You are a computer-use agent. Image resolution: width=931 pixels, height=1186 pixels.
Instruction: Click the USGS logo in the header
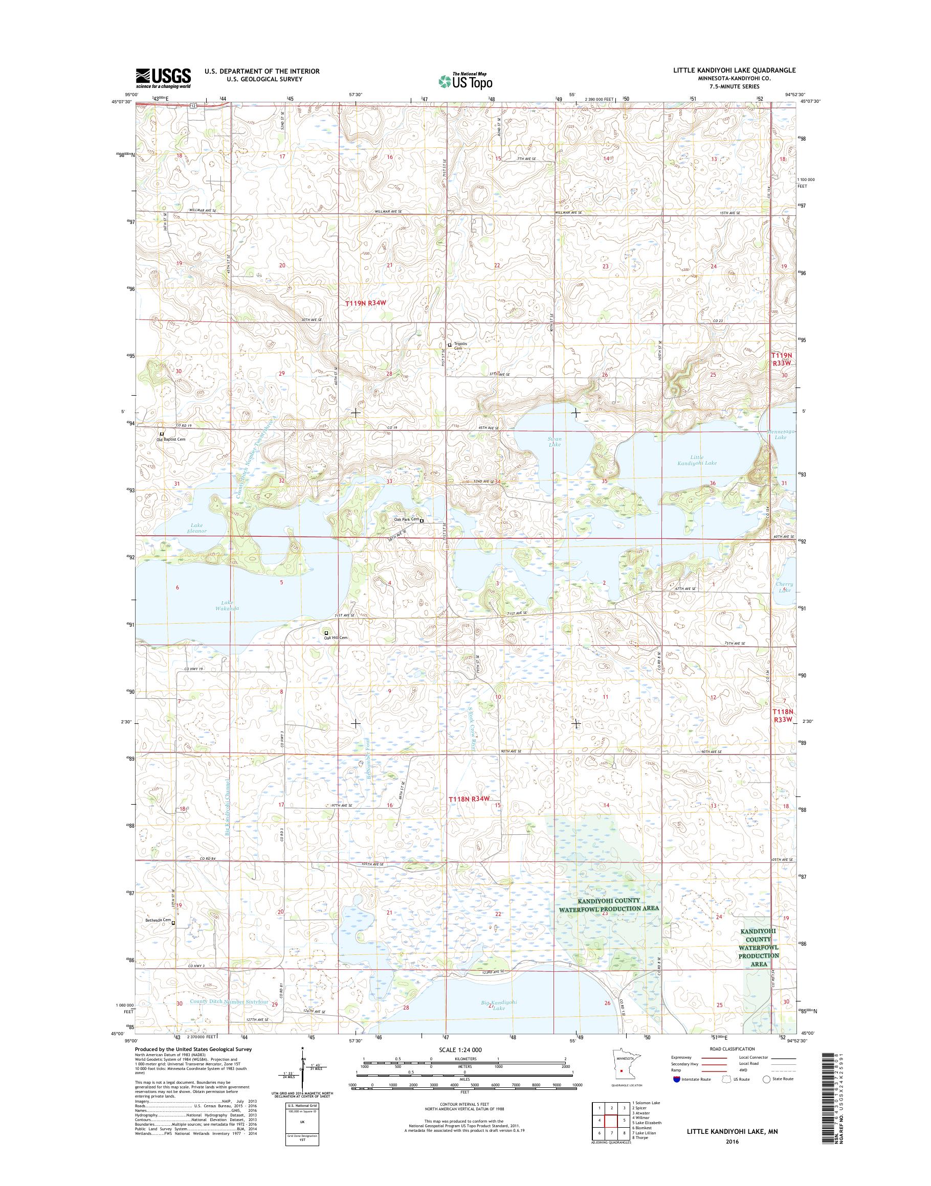[163, 78]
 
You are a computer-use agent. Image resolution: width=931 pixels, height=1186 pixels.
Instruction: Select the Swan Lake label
[555, 441]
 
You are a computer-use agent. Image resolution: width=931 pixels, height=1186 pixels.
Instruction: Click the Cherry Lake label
[784, 587]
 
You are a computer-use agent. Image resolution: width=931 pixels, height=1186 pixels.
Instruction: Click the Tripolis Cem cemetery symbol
[450, 345]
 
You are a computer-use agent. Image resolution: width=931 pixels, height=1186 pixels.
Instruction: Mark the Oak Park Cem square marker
[422, 520]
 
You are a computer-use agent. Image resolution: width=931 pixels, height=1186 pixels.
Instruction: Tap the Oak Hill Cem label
[335, 637]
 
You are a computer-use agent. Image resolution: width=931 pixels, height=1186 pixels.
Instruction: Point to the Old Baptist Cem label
[171, 439]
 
